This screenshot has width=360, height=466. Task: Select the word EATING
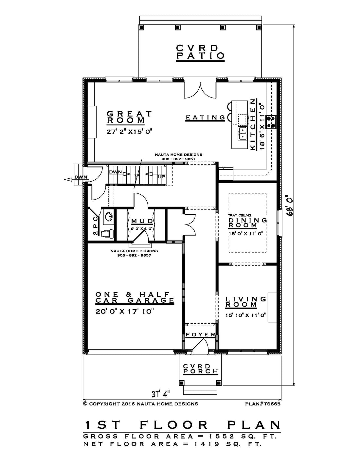[x=205, y=117]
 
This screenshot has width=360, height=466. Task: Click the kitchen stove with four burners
[x=271, y=122]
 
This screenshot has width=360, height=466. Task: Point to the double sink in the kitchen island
[x=243, y=133]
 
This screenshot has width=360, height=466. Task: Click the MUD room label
[x=142, y=221]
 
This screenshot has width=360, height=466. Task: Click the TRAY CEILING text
[x=240, y=215]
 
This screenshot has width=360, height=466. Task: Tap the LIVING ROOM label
[x=246, y=302]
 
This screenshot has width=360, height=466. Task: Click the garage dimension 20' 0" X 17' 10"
[x=125, y=311]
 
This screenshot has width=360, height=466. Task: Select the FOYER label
[x=200, y=335]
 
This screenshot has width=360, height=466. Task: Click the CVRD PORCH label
[x=201, y=368]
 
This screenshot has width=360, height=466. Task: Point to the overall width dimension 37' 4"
[x=161, y=394]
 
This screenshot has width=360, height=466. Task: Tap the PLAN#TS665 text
[x=263, y=404]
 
